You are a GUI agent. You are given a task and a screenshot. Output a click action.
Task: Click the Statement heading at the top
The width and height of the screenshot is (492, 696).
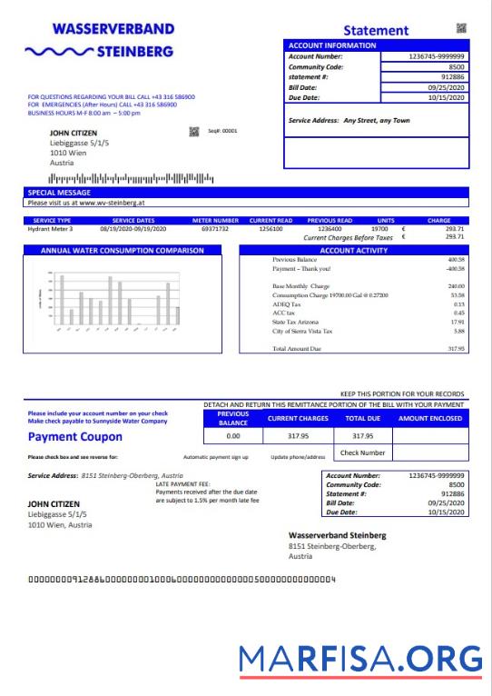tap(376, 31)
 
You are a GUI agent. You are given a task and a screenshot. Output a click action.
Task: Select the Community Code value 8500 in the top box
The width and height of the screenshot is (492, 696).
tap(456, 67)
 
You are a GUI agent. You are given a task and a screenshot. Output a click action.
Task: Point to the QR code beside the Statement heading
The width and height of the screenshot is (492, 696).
tap(460, 29)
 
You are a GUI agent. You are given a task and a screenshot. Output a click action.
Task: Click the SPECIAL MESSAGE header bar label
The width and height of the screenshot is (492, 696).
tap(59, 193)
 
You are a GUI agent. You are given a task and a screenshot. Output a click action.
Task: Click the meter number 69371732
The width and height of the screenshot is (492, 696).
tap(214, 229)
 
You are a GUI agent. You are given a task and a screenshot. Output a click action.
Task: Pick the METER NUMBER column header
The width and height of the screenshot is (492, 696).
tap(215, 220)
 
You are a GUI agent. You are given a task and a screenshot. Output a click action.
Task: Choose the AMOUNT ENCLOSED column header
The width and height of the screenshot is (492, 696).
tap(429, 418)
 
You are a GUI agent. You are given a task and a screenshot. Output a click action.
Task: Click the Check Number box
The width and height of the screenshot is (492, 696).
tap(362, 452)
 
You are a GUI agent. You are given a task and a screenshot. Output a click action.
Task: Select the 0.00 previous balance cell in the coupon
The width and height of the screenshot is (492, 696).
tap(233, 436)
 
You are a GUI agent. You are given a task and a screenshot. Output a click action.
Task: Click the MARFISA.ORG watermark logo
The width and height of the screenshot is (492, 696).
tap(361, 657)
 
